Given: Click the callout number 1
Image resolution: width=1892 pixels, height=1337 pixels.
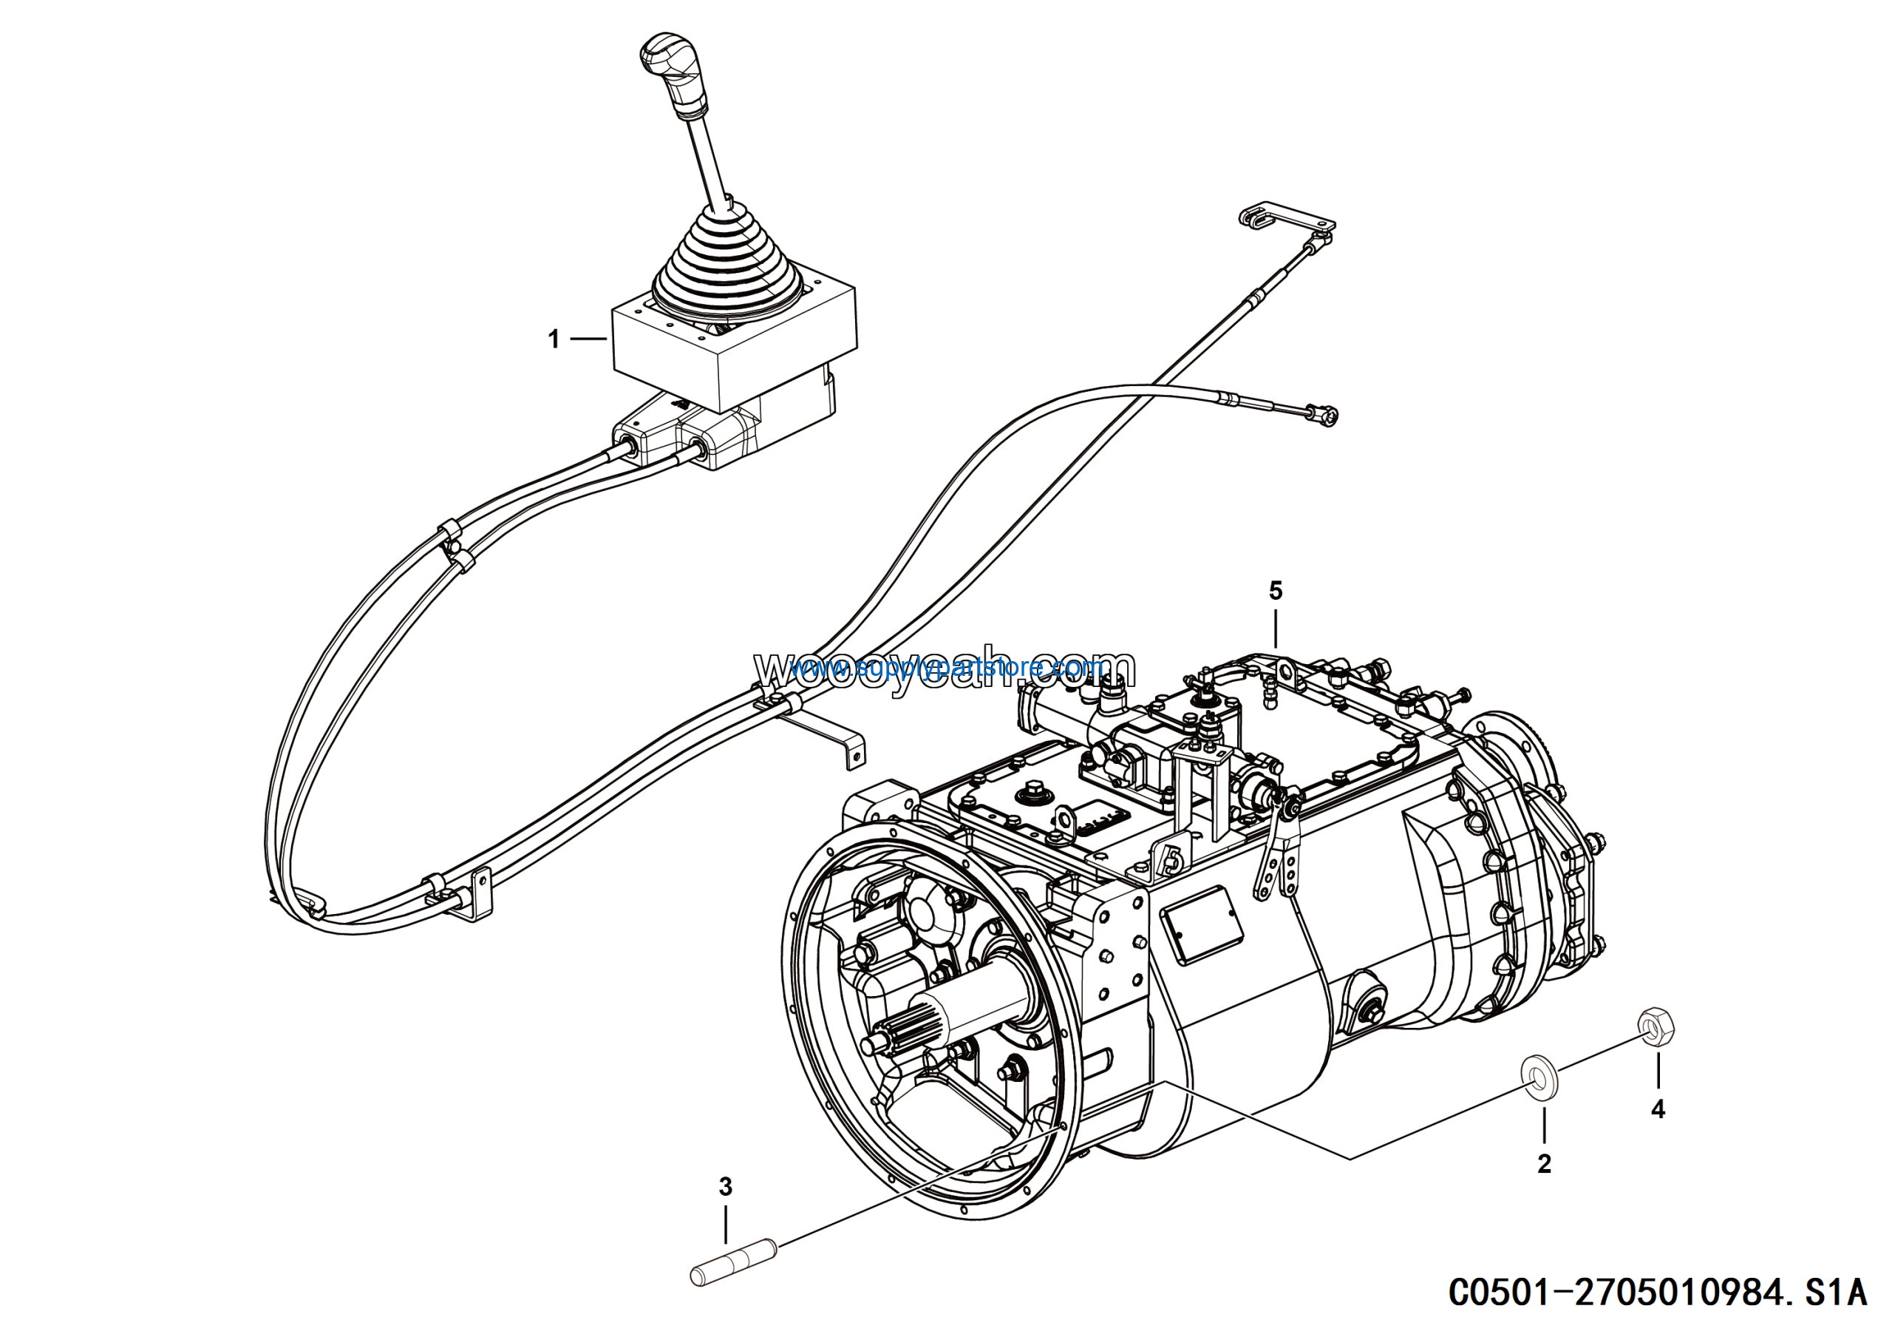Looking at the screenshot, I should pos(554,339).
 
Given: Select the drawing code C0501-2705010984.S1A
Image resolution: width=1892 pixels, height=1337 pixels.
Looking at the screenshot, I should pos(1657,1291).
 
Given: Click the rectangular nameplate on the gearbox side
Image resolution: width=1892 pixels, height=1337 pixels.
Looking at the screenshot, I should pos(1201,923).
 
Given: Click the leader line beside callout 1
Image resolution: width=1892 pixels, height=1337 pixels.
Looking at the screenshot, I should pos(588,339).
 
